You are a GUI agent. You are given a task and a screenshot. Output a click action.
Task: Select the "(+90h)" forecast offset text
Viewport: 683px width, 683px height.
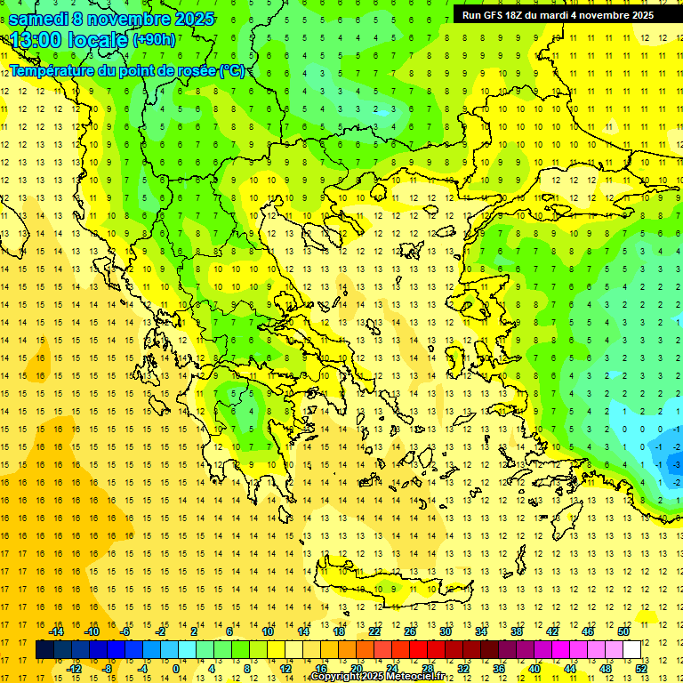click(153, 40)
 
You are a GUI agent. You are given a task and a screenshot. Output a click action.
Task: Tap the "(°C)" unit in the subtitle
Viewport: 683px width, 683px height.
click(233, 70)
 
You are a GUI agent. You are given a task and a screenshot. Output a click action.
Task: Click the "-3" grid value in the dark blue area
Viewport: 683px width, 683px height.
click(678, 464)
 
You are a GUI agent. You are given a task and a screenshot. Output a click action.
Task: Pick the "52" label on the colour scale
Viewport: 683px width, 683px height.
click(641, 669)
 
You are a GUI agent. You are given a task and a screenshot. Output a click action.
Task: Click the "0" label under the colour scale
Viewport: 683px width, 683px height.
click(177, 669)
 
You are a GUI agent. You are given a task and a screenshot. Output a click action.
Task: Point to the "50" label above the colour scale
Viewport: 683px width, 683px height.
click(623, 631)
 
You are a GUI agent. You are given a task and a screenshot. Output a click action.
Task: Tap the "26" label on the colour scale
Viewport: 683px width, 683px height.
click(410, 631)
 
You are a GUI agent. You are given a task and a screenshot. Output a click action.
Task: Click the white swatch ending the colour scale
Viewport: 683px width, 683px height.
click(631, 650)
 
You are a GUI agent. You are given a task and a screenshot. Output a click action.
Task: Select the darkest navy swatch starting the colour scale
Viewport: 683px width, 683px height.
click(44, 650)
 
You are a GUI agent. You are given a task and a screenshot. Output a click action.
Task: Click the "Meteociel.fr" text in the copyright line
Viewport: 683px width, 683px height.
click(418, 677)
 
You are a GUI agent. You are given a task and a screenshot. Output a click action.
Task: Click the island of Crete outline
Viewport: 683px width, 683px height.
click(391, 589)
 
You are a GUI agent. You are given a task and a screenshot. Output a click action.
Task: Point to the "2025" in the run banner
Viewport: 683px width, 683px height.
click(640, 15)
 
